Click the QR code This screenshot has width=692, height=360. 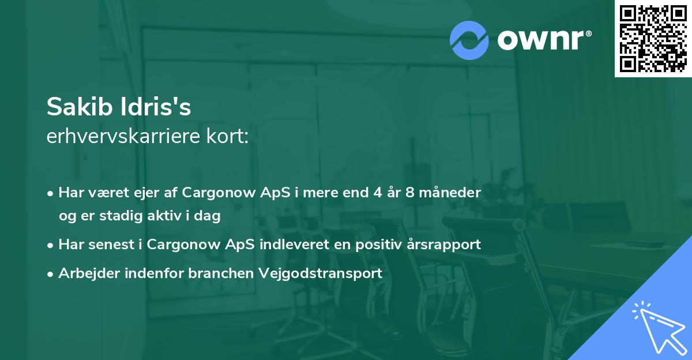point(653,39)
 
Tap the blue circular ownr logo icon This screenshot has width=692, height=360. point(469,40)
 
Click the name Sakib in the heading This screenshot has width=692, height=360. point(80,107)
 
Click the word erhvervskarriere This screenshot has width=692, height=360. point(123,136)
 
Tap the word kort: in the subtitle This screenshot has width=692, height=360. point(227,136)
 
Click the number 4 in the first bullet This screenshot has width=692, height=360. point(378,193)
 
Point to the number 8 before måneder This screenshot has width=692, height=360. point(410,193)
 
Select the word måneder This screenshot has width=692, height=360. point(450,193)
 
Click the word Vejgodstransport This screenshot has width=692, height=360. point(321,273)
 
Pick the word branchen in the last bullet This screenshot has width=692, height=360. point(221,273)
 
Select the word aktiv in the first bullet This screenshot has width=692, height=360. point(164,215)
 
